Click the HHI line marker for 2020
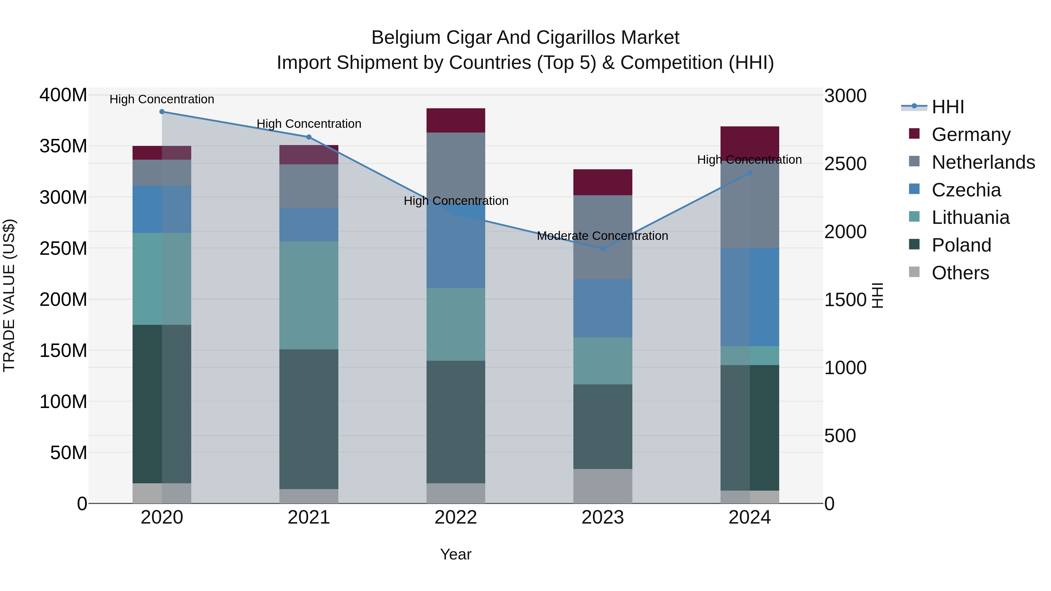pyautogui.click(x=162, y=112)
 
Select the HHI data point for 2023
pyautogui.click(x=603, y=248)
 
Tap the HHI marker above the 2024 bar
pyautogui.click(x=749, y=173)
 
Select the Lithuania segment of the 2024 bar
pyautogui.click(x=749, y=356)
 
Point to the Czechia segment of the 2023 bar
pyautogui.click(x=603, y=308)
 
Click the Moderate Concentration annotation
pyautogui.click(x=602, y=236)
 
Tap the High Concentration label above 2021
pyautogui.click(x=309, y=123)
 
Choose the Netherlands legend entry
pyautogui.click(x=983, y=162)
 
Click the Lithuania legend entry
pyautogui.click(x=970, y=217)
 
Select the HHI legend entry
pyautogui.click(x=947, y=107)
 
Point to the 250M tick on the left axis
pyautogui.click(x=63, y=248)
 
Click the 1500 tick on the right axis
pyautogui.click(x=845, y=300)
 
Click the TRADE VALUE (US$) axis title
pyautogui.click(x=9, y=295)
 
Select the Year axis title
pyautogui.click(x=456, y=554)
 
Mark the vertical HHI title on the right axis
pyautogui.click(x=878, y=295)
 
